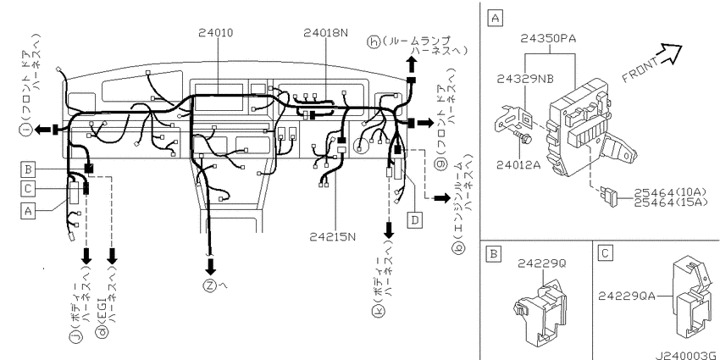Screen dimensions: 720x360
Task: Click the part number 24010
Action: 216,33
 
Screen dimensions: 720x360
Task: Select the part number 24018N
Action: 325,33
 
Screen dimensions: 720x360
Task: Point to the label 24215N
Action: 332,237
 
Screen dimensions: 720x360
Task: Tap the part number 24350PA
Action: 548,39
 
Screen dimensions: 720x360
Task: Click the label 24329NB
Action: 525,79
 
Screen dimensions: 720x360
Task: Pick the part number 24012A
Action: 518,165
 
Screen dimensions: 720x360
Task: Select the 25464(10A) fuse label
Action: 670,193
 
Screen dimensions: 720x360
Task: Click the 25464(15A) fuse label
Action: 670,202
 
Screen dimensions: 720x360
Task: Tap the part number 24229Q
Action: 542,263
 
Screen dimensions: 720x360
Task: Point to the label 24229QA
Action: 626,296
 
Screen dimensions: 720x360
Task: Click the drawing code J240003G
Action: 686,356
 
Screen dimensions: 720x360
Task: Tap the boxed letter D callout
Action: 415,220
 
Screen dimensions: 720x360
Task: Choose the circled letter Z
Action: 210,285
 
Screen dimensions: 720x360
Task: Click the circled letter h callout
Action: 374,42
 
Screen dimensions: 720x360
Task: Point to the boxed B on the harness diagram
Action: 28,169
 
